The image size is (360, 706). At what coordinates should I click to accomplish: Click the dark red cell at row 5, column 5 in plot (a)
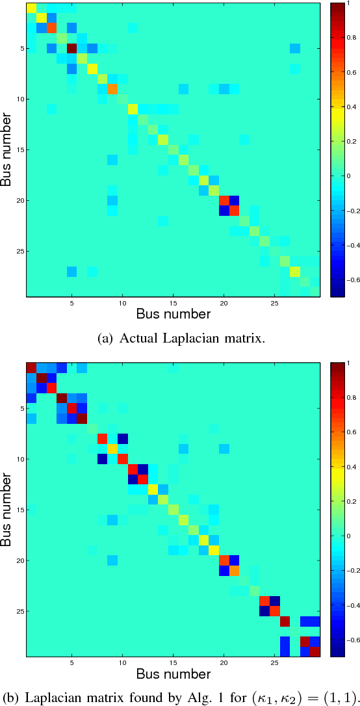[x=71, y=48]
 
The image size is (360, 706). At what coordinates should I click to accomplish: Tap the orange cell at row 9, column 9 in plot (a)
[x=112, y=88]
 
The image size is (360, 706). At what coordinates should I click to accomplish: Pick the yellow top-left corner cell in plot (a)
[x=31, y=7]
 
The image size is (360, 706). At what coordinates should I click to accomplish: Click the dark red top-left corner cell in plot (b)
[x=31, y=368]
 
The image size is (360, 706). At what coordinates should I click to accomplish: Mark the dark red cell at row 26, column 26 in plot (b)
[x=285, y=621]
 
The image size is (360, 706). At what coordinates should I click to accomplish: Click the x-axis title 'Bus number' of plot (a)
[x=173, y=315]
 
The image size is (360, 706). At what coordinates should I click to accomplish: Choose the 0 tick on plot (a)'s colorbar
[x=350, y=176]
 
